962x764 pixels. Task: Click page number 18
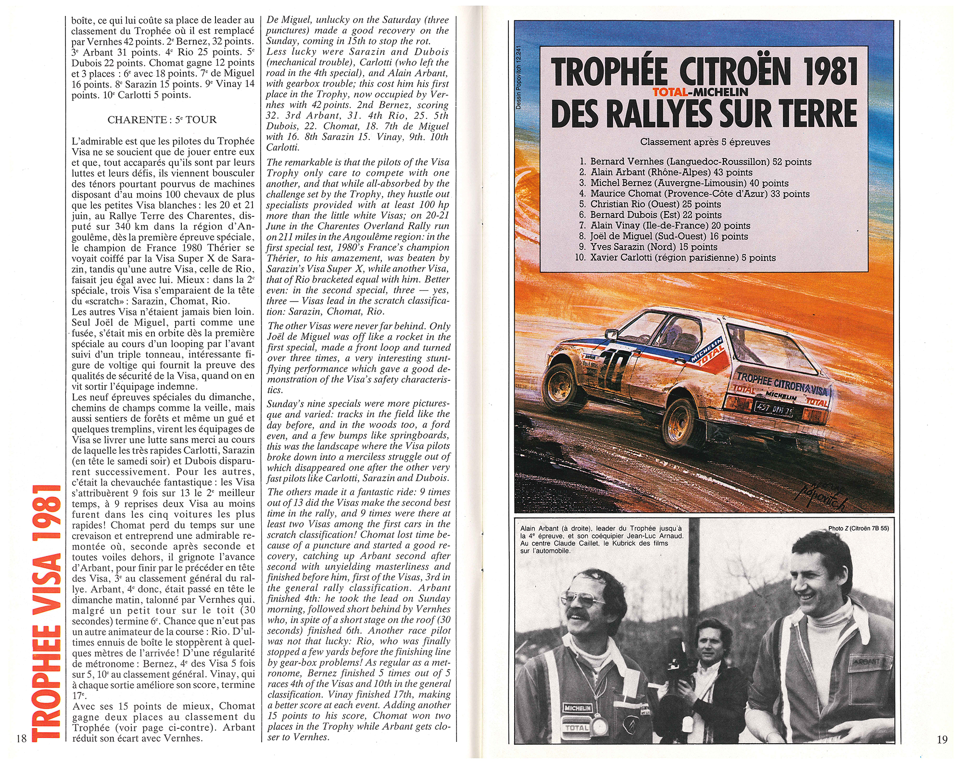coord(21,739)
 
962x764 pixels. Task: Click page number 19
coord(942,739)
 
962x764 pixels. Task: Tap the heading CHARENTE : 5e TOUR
coord(162,120)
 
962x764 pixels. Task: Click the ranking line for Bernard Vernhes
coord(696,162)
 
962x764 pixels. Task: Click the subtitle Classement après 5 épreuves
coord(705,142)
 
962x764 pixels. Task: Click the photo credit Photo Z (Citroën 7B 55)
coord(858,528)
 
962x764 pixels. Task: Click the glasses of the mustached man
coord(590,599)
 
